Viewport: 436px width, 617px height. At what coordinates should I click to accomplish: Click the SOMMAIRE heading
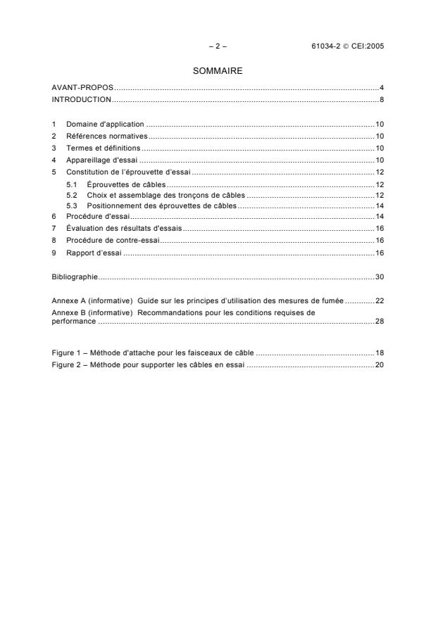pos(218,71)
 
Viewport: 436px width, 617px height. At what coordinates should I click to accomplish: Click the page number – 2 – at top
pos(218,46)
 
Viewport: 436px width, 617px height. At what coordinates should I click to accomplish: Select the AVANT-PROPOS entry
pos(82,87)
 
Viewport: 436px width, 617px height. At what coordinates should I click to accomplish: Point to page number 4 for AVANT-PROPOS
pos(381,87)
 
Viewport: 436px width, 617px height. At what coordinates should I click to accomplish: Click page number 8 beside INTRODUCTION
pos(381,99)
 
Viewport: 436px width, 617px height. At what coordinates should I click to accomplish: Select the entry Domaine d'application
pos(104,124)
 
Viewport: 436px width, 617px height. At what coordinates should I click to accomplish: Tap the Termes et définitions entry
pos(104,148)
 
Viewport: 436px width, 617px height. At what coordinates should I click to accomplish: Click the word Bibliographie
pos(75,276)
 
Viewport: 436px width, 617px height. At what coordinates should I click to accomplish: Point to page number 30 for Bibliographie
pos(379,276)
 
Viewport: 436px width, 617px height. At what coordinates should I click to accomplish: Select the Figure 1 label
pos(68,350)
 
